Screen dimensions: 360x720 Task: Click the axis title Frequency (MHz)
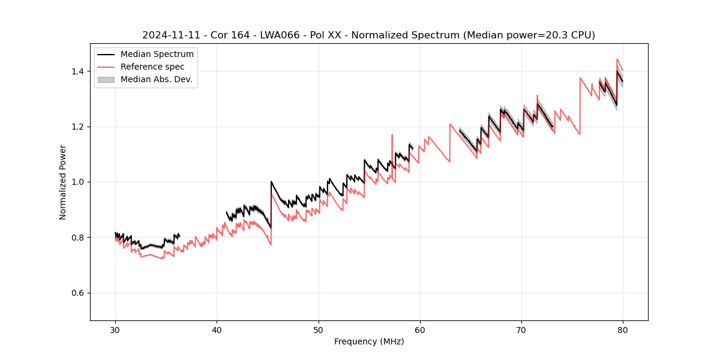[369, 341]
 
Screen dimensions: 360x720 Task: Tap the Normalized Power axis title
[63, 182]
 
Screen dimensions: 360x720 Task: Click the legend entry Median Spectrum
[157, 55]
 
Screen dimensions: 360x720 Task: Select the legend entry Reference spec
[152, 67]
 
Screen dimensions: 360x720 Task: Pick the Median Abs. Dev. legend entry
[157, 79]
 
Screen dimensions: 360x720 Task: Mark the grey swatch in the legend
[106, 79]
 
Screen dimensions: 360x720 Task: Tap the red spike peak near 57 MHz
[392, 135]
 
